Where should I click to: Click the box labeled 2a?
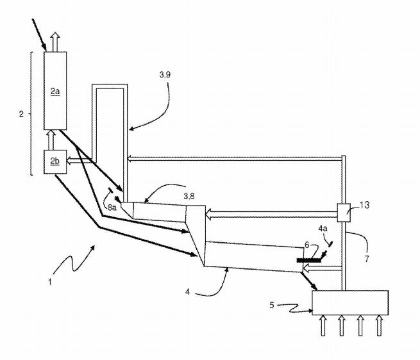point(55,91)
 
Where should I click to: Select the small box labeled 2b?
point(55,162)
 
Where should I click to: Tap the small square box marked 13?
point(344,213)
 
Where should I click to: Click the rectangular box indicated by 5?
point(350,303)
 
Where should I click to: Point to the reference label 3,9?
point(165,75)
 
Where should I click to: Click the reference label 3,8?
point(189,196)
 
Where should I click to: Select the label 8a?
point(112,207)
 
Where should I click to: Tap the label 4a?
point(323,228)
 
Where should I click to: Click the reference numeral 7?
point(367,259)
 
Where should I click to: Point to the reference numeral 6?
point(307,245)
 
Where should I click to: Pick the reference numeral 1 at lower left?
point(50,282)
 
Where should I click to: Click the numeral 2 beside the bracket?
point(21,114)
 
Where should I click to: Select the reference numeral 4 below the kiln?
point(187,291)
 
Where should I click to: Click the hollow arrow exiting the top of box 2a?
point(55,42)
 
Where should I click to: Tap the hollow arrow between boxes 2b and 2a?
point(51,140)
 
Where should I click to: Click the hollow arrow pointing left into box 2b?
point(79,160)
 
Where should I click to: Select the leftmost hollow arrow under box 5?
point(323,325)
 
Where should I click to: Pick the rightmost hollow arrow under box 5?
point(379,325)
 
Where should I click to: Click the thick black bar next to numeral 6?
point(309,260)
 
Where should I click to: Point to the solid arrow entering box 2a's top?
point(39,35)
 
